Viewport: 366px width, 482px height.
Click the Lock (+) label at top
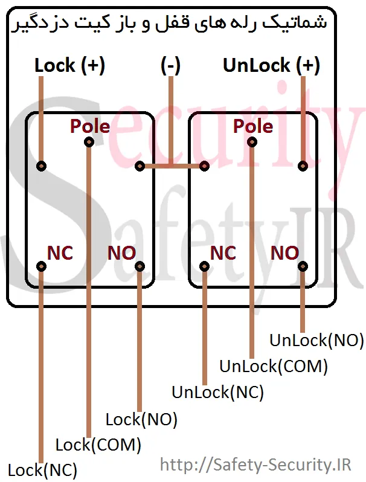(x=69, y=65)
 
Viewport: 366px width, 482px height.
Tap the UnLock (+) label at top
(x=271, y=65)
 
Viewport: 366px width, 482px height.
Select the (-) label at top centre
(x=170, y=65)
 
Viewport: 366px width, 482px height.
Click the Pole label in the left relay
(x=90, y=126)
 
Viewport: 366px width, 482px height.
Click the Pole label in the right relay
(x=253, y=126)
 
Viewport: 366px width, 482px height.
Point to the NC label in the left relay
(x=60, y=253)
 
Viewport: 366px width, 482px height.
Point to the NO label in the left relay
(x=121, y=253)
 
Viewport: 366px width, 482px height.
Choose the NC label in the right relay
(x=223, y=253)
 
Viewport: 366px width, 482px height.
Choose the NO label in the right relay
(x=284, y=253)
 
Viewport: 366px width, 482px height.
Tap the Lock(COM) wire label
(x=98, y=445)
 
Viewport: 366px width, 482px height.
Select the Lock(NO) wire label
(x=141, y=419)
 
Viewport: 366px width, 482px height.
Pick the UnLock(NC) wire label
(x=217, y=392)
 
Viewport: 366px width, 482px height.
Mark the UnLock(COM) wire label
(x=274, y=366)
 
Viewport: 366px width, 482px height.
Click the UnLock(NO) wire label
(x=316, y=340)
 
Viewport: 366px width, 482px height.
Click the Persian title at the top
(x=170, y=24)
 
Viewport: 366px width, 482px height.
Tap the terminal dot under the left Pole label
(x=89, y=142)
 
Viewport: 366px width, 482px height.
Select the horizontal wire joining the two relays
(x=172, y=166)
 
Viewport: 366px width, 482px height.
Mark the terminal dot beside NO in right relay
(x=303, y=266)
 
